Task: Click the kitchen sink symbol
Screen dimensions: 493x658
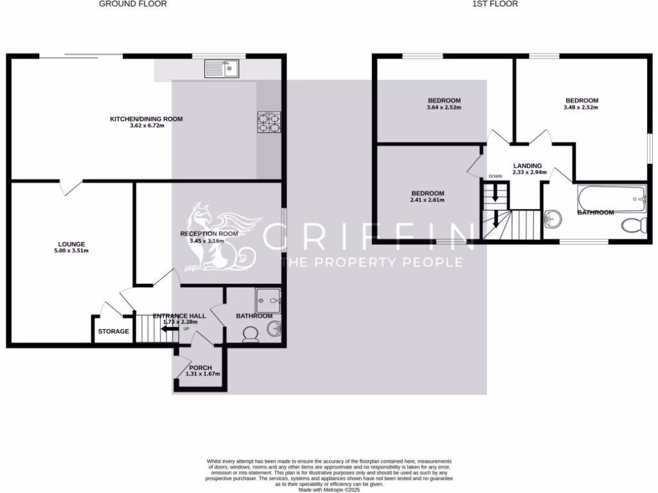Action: [x=222, y=68]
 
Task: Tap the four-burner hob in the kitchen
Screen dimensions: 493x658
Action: [x=269, y=122]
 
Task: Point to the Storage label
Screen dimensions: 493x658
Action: [x=113, y=332]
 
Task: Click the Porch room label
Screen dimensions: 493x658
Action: [x=200, y=368]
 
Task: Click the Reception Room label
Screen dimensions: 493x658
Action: [x=209, y=234]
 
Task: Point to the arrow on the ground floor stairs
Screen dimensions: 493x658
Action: [x=170, y=329]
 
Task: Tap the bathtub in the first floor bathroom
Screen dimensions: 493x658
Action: [x=611, y=198]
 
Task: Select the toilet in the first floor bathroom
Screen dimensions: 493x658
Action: [x=635, y=225]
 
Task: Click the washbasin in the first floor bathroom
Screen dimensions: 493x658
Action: [x=552, y=220]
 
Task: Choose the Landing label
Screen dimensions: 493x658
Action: [x=528, y=166]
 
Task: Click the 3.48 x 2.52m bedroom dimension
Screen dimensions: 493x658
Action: [x=582, y=108]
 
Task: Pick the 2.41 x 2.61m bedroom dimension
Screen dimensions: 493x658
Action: [x=427, y=200]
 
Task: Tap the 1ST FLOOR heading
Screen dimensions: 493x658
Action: [x=495, y=4]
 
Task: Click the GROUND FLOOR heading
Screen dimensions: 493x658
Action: [x=133, y=4]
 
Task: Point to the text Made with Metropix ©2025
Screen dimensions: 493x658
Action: [x=330, y=489]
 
